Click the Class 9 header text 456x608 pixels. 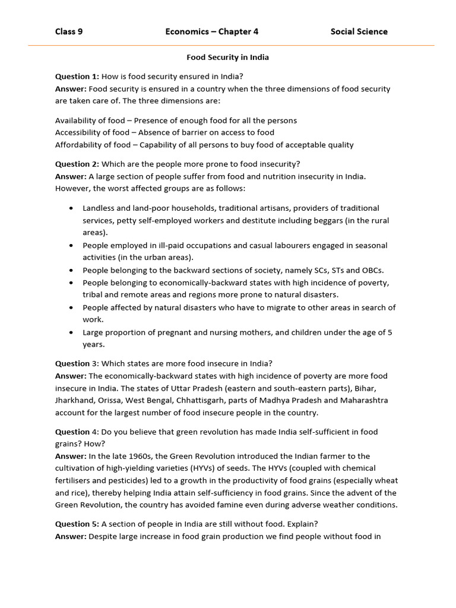69,31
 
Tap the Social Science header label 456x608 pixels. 359,31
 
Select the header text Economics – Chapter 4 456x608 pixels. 212,31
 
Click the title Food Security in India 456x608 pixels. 228,58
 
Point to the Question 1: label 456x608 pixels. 77,77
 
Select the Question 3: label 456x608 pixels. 77,363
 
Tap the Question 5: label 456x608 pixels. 77,524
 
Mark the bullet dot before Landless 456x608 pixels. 71,208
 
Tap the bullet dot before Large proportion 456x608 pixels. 71,332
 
